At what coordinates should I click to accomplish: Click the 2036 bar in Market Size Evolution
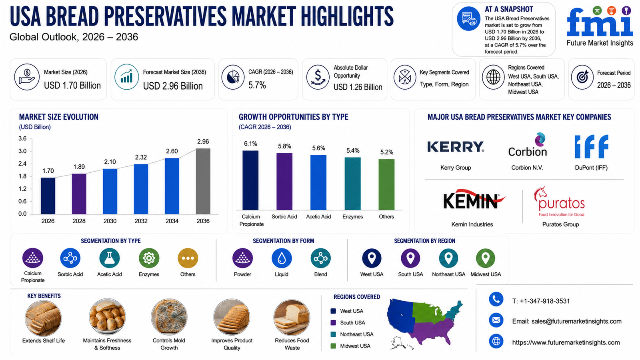[203, 181]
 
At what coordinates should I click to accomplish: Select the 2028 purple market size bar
[79, 194]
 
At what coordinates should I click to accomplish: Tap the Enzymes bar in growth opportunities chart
[352, 184]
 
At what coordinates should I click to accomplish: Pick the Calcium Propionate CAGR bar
[250, 180]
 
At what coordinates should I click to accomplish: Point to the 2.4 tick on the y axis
[22, 164]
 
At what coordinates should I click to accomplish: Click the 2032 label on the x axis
[141, 221]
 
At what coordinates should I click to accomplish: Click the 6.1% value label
[250, 144]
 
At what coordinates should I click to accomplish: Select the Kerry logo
[456, 147]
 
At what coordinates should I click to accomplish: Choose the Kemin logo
[474, 200]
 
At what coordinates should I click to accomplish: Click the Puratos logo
[559, 202]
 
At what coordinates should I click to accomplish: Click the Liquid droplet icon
[282, 258]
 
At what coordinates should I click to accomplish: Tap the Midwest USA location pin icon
[486, 258]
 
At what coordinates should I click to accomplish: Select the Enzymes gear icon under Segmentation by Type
[149, 258]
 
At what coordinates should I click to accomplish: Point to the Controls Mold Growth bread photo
[169, 317]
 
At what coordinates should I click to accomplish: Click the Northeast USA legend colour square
[333, 334]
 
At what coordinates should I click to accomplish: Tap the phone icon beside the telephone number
[496, 300]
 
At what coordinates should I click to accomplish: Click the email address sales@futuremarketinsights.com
[576, 321]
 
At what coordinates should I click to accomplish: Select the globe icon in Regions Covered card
[493, 77]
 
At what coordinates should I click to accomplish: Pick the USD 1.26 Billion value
[358, 87]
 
